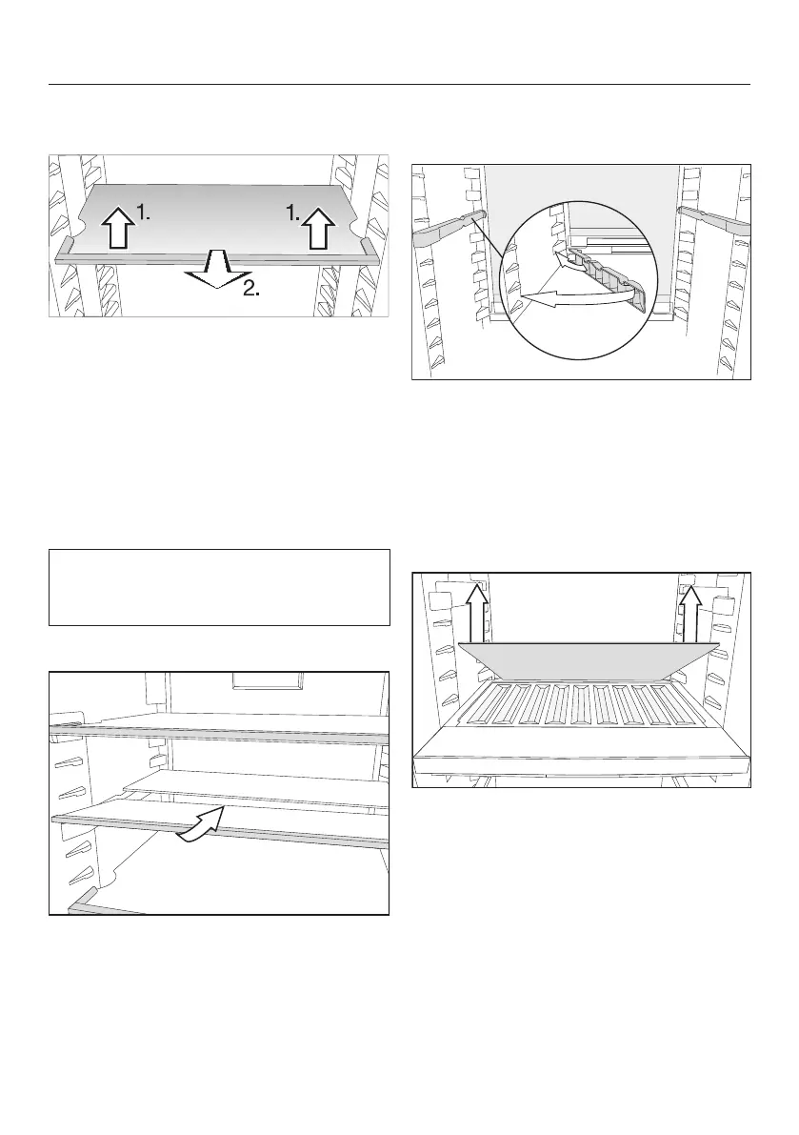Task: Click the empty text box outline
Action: coord(219,586)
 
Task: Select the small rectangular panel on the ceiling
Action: coord(267,680)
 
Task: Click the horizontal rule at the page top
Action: coord(399,84)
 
